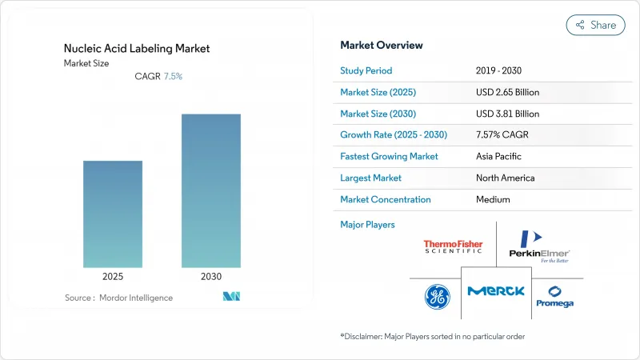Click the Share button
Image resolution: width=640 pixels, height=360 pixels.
(x=596, y=25)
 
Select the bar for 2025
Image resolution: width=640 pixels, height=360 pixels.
(x=113, y=214)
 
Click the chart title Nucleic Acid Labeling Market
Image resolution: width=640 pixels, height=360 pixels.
(x=137, y=48)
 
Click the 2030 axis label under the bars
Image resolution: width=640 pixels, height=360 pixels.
(x=211, y=276)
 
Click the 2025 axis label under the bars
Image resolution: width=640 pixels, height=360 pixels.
(x=113, y=276)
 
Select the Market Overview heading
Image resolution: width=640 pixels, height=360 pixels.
(x=382, y=45)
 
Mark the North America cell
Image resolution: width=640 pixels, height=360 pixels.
(x=505, y=178)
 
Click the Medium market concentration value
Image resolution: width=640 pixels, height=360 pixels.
(x=493, y=199)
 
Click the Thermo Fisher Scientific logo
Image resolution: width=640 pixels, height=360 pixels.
(x=453, y=246)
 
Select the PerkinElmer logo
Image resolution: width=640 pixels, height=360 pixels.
(x=538, y=246)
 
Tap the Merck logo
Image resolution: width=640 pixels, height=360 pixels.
(x=496, y=290)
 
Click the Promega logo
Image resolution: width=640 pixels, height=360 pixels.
(x=554, y=297)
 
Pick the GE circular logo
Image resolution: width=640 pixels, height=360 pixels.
(x=437, y=297)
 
